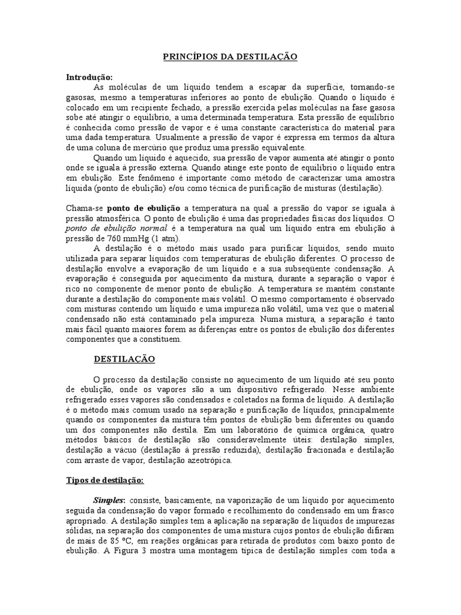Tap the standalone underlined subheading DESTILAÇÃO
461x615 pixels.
click(124, 359)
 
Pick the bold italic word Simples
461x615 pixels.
click(108, 500)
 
